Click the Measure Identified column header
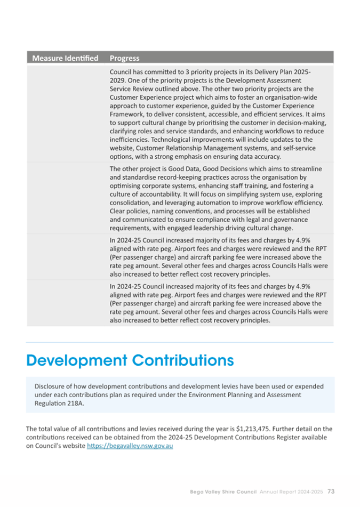click(65, 58)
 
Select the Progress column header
click(124, 58)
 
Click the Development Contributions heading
click(130, 360)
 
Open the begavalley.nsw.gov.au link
click(130, 446)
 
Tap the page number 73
click(331, 491)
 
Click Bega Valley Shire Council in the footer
click(223, 491)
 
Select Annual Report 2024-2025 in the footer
click(291, 491)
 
